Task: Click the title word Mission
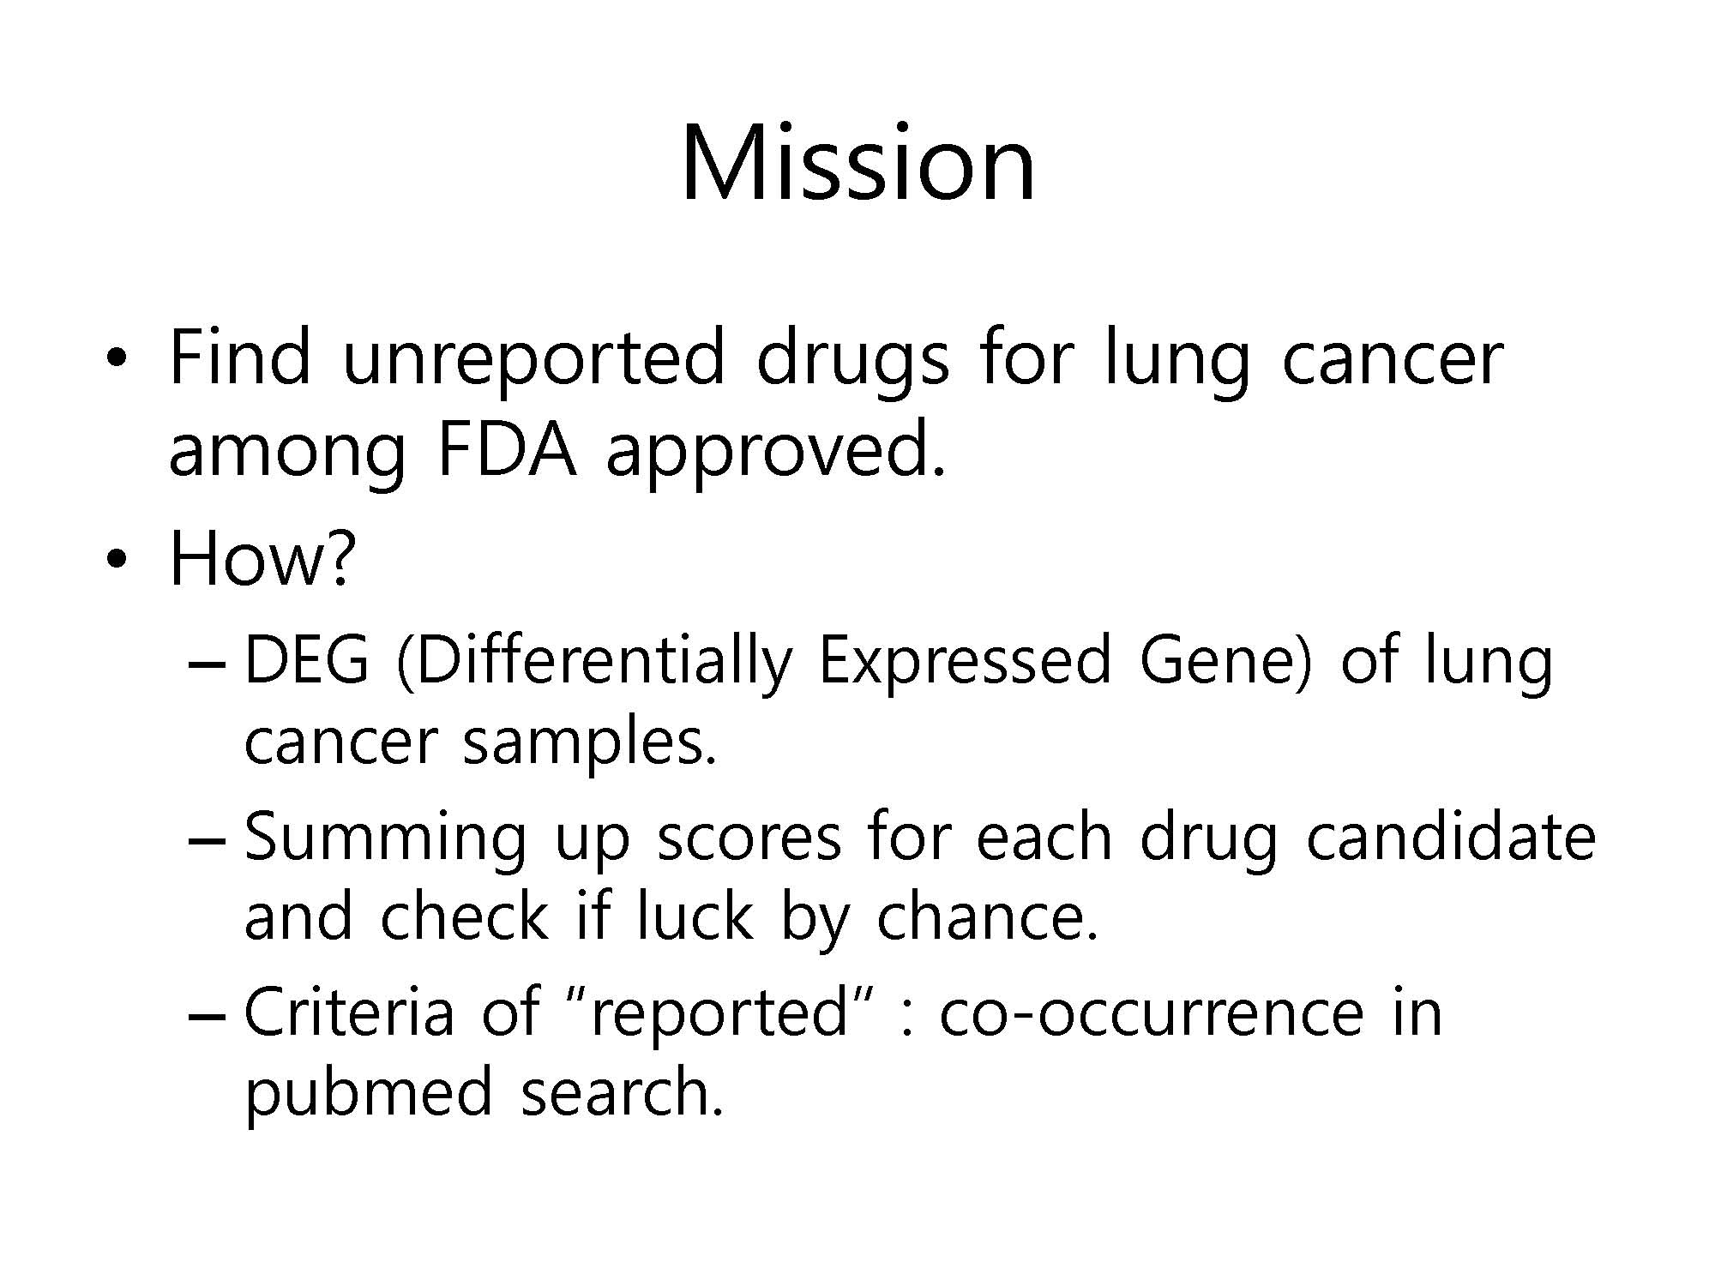point(858,162)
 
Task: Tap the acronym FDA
point(505,450)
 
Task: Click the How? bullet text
point(262,558)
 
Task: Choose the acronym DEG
point(307,661)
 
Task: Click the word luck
point(694,916)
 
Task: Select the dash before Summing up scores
point(206,841)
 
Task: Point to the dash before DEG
point(206,665)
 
